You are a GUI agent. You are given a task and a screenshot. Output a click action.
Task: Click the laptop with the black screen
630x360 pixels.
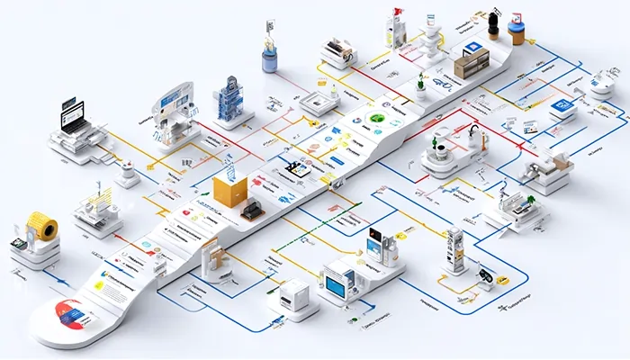coord(71,116)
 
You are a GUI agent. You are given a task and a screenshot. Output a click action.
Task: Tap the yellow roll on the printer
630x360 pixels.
coord(41,226)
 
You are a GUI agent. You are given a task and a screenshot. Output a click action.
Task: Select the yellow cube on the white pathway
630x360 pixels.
coord(230,193)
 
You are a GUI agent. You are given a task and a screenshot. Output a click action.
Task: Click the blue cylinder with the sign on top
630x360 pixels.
coord(268,58)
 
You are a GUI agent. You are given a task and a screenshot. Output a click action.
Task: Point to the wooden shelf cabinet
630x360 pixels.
coord(471,62)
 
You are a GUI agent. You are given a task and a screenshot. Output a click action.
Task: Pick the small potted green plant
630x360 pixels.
coord(419,86)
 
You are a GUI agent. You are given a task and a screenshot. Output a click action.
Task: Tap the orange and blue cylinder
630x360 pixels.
coord(516,32)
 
